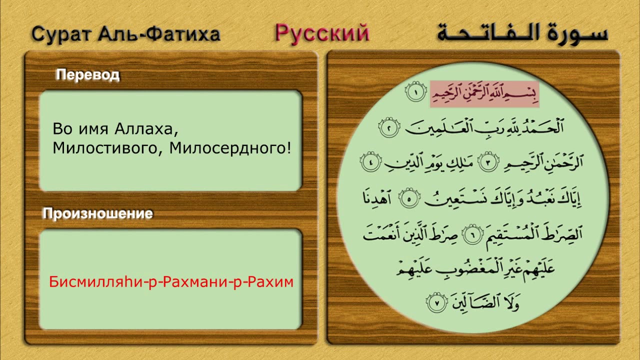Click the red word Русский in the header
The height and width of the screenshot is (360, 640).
pyautogui.click(x=322, y=33)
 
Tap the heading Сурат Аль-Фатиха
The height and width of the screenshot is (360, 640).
pyautogui.click(x=125, y=34)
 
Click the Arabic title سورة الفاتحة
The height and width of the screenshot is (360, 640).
pyautogui.click(x=522, y=33)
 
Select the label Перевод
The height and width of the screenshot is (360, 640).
pyautogui.click(x=87, y=75)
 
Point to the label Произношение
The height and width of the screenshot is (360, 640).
pyautogui.click(x=97, y=214)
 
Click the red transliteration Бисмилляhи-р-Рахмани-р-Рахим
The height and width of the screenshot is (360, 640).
pyautogui.click(x=171, y=282)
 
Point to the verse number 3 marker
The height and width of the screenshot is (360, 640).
pyautogui.click(x=489, y=163)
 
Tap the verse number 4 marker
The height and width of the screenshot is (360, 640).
pyautogui.click(x=370, y=163)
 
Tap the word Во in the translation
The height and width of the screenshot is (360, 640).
pyautogui.click(x=62, y=130)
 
